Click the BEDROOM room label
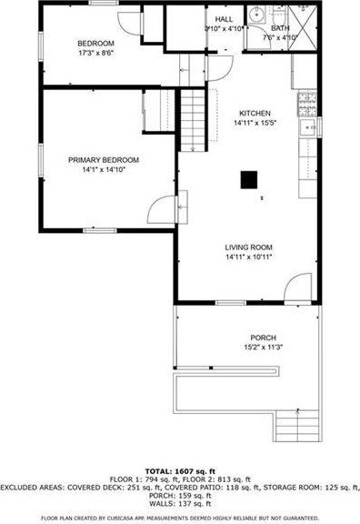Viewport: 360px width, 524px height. (95, 44)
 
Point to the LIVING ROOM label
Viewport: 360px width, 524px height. (248, 247)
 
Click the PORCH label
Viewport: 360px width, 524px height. (252, 337)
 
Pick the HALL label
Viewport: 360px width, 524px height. (224, 18)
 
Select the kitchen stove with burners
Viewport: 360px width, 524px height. (307, 99)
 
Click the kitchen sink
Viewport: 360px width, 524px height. (309, 127)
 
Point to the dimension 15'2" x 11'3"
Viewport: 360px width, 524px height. (252, 347)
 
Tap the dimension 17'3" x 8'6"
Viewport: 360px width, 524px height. (95, 54)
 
